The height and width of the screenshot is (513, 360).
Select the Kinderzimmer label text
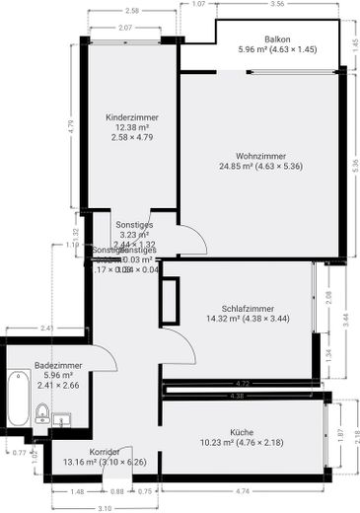coord(132,117)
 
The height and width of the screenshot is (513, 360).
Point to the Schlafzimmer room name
coord(248,308)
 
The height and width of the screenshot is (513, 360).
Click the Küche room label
coord(243,431)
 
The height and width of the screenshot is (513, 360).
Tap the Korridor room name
coord(104,450)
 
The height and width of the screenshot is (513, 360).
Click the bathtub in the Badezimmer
coord(17,399)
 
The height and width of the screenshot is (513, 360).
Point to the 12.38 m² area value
coord(132,128)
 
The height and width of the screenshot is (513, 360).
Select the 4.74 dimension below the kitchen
coord(243,490)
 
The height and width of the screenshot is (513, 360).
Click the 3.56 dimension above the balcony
coord(276,5)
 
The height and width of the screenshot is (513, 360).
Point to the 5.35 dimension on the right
coord(354,170)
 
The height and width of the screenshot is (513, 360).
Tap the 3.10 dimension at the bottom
coord(105,507)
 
